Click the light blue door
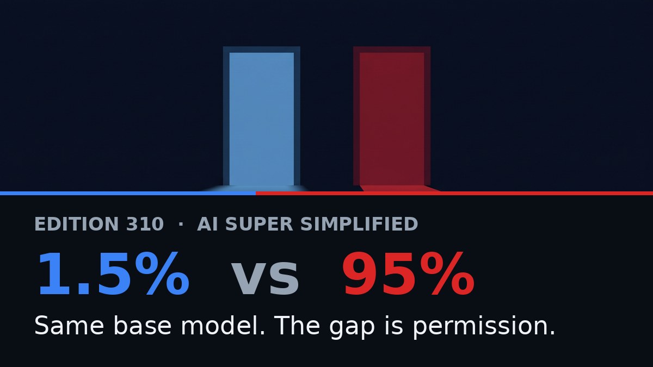(262, 119)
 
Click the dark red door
(392, 119)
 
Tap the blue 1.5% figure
(113, 274)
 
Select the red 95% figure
(409, 274)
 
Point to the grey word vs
(266, 279)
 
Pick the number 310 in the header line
(145, 224)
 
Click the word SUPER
(259, 224)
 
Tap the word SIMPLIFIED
(360, 224)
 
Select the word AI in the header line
(207, 224)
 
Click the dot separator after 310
(181, 224)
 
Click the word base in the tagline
(142, 325)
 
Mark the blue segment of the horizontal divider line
(128, 194)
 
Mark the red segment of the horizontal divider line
(454, 194)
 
